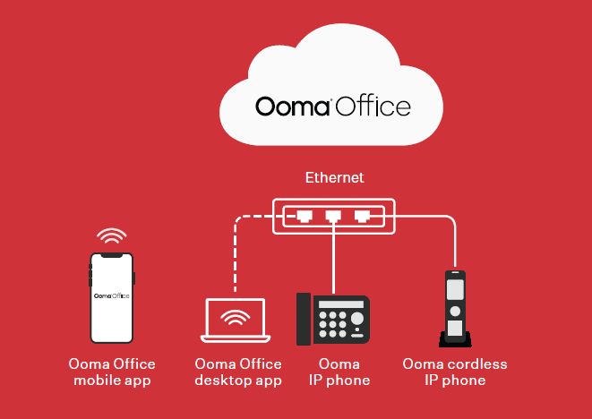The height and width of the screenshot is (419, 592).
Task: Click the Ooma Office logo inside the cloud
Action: click(333, 106)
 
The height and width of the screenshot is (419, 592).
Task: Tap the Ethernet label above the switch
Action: click(334, 177)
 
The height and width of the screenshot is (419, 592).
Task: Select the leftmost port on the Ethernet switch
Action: click(305, 217)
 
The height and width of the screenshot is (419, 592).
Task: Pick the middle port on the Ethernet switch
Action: click(333, 217)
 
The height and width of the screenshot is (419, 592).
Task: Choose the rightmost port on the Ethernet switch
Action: click(362, 217)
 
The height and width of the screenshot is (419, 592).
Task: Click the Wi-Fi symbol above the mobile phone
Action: click(111, 236)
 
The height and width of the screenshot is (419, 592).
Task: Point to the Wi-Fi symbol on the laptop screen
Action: click(236, 318)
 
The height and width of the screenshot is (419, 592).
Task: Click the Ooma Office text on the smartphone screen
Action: click(112, 295)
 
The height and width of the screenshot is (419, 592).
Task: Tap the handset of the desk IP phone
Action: click(304, 319)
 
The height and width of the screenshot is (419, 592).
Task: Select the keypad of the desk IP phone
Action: click(332, 324)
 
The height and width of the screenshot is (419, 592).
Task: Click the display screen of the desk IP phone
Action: click(341, 304)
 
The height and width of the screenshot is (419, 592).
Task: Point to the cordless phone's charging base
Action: click(455, 339)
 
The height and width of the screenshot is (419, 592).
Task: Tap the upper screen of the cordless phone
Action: click(455, 290)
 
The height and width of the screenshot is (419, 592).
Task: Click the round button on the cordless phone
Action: click(455, 311)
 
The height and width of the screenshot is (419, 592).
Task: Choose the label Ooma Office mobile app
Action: click(112, 372)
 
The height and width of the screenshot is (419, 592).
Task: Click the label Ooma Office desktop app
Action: click(238, 372)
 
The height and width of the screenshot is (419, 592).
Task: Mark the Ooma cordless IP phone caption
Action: click(455, 372)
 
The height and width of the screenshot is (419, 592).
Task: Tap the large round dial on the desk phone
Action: click(357, 319)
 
